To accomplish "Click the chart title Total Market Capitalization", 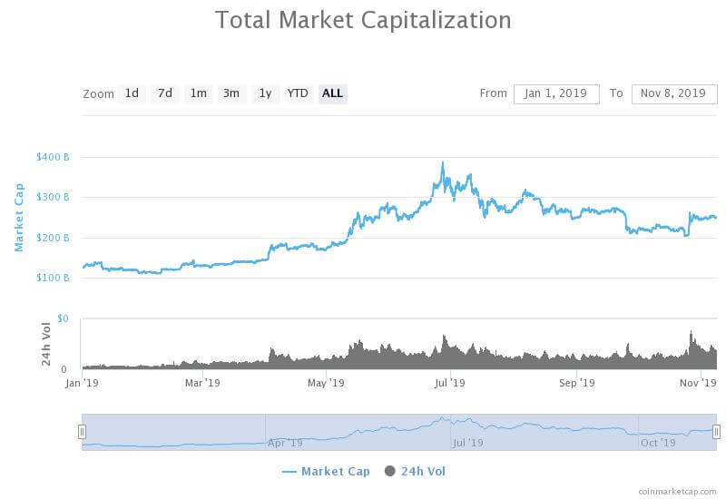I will coord(363,20).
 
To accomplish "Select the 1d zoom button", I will coord(132,93).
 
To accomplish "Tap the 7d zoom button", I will coord(164,93).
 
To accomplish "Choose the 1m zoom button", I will coord(198,93).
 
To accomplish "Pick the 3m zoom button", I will coord(231,93).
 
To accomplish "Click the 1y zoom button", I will coord(265,93).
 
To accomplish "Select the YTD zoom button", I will coord(298,93).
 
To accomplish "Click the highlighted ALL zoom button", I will coord(333,93).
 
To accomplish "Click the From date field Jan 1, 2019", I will coord(556,93).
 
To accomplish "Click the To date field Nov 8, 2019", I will coord(674,93).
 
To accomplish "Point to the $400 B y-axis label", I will coord(53,157).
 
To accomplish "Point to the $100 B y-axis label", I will coord(53,278).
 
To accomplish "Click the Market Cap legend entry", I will coord(327,472).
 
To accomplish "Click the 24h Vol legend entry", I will coord(416,472).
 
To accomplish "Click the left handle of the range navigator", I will coord(82,432).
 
